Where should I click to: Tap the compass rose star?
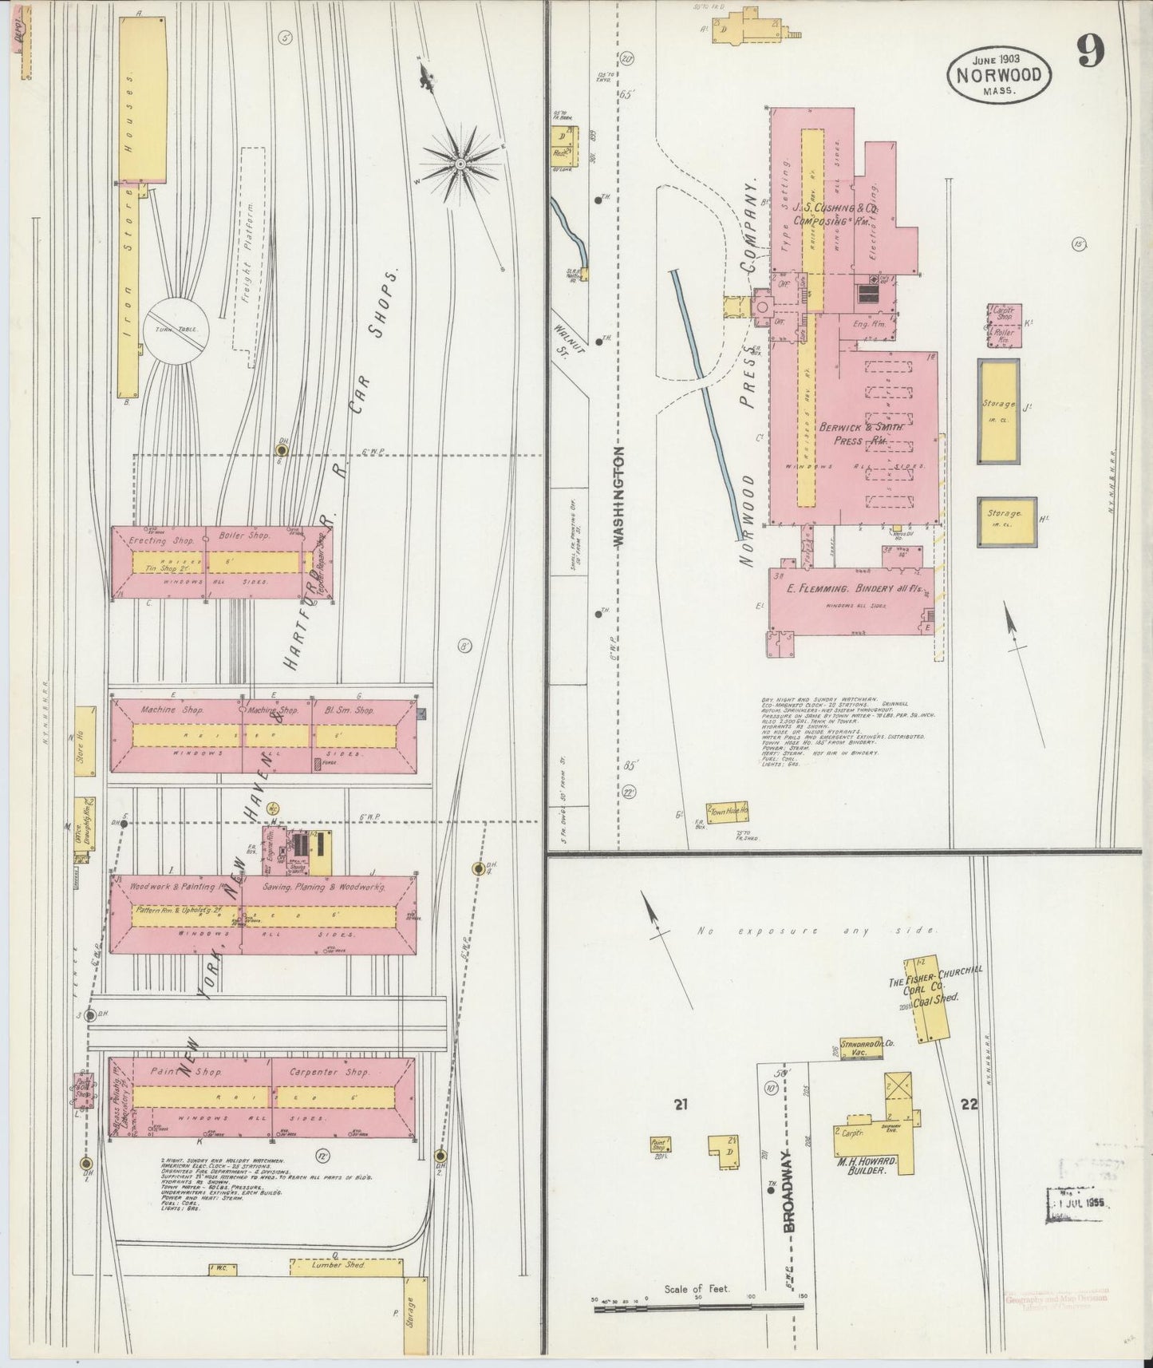[460, 163]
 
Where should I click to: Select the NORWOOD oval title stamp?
[999, 74]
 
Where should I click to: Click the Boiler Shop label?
[244, 536]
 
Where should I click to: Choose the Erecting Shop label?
[160, 540]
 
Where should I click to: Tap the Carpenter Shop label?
[329, 1072]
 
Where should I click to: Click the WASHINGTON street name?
[620, 495]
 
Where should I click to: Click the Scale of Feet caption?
[697, 1289]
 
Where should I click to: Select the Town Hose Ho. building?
[727, 811]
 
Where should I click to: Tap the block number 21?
[680, 1105]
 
